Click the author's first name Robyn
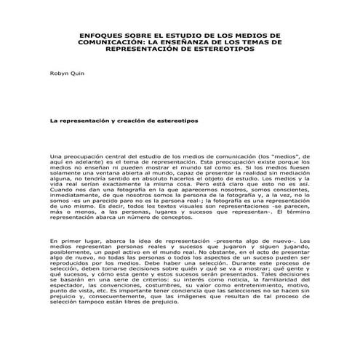57,74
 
